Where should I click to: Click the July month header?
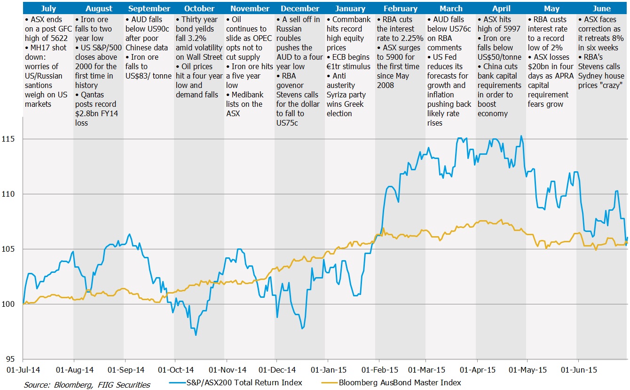(x=48, y=8)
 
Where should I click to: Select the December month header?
(x=300, y=8)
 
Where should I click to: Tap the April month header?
(x=501, y=8)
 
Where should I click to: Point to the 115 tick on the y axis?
(x=11, y=139)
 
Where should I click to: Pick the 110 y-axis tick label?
(x=11, y=194)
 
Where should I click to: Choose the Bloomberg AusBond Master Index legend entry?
(x=400, y=382)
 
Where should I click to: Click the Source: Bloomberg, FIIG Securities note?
(x=87, y=384)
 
